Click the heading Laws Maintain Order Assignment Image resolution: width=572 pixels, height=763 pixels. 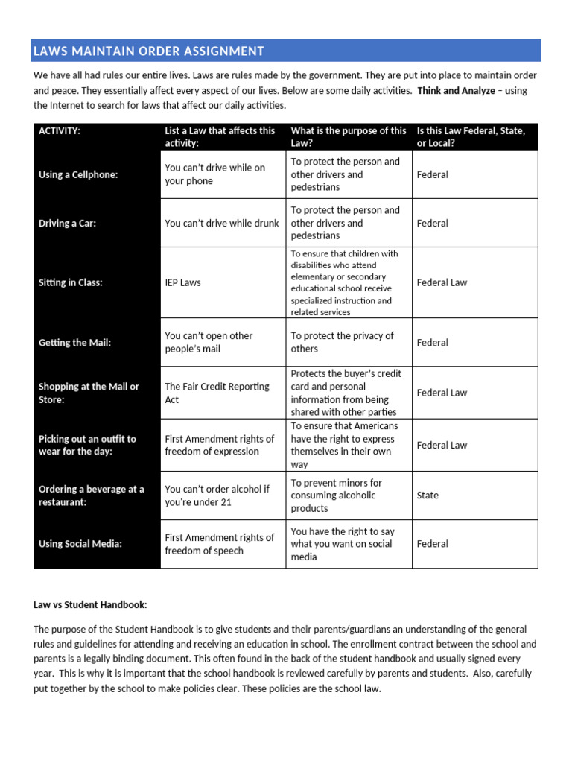point(148,51)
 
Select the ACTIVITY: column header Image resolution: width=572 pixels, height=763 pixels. point(60,131)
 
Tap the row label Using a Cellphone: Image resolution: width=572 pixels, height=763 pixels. point(78,174)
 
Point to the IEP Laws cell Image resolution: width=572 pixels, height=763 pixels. point(182,282)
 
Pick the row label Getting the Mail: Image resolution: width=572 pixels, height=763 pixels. point(74,343)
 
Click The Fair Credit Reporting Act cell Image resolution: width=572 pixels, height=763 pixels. point(217,393)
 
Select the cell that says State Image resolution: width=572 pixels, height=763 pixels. point(428,495)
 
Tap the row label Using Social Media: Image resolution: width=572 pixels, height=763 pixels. point(80,544)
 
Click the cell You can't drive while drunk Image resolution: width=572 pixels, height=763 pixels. point(221,223)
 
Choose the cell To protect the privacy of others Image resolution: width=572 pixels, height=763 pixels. point(342,342)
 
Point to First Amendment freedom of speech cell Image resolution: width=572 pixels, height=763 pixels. point(219,544)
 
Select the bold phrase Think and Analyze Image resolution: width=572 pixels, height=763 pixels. point(456,90)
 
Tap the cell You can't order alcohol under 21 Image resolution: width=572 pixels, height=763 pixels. point(217,496)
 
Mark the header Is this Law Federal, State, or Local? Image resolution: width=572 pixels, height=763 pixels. point(471,136)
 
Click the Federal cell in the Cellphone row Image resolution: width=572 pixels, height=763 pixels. point(433,174)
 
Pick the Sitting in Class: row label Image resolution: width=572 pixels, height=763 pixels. point(71,282)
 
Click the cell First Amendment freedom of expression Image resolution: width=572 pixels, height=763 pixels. point(219,445)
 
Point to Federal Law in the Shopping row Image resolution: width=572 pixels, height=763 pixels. point(442,393)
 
